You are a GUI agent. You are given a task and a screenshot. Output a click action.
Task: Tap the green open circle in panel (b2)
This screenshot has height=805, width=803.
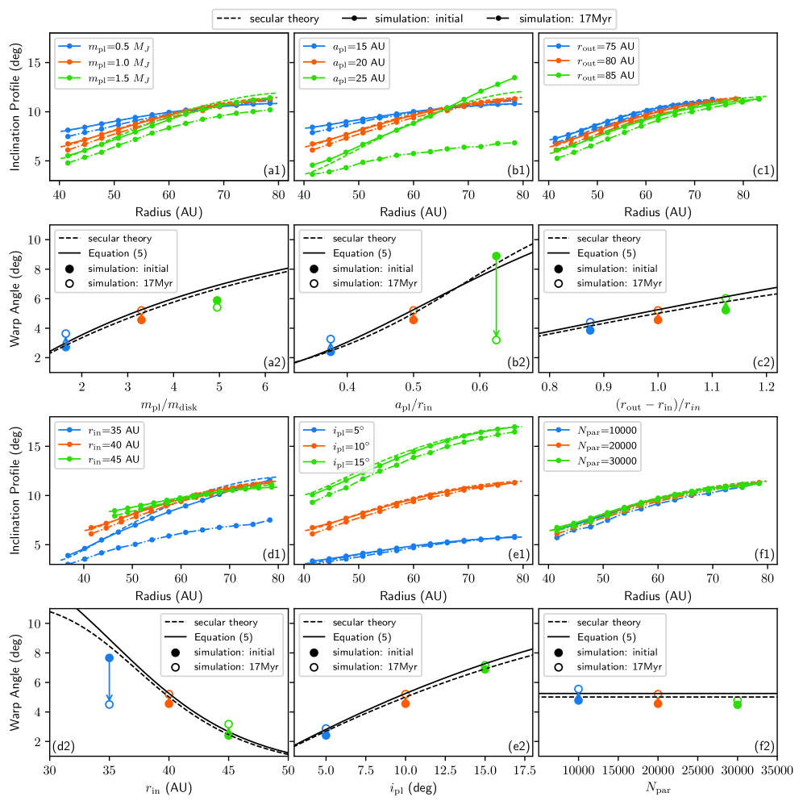tap(496, 340)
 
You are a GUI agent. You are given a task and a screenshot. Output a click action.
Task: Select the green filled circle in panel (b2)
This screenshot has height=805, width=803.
tap(496, 256)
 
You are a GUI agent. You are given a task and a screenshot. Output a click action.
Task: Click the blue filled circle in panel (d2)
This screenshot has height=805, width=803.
tap(109, 658)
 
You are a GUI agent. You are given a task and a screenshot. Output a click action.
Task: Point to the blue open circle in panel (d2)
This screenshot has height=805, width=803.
tap(109, 704)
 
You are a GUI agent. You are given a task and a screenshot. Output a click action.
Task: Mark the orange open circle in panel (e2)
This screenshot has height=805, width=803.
tap(406, 695)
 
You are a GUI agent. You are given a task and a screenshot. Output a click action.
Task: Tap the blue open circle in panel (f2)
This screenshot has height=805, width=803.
tap(578, 690)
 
